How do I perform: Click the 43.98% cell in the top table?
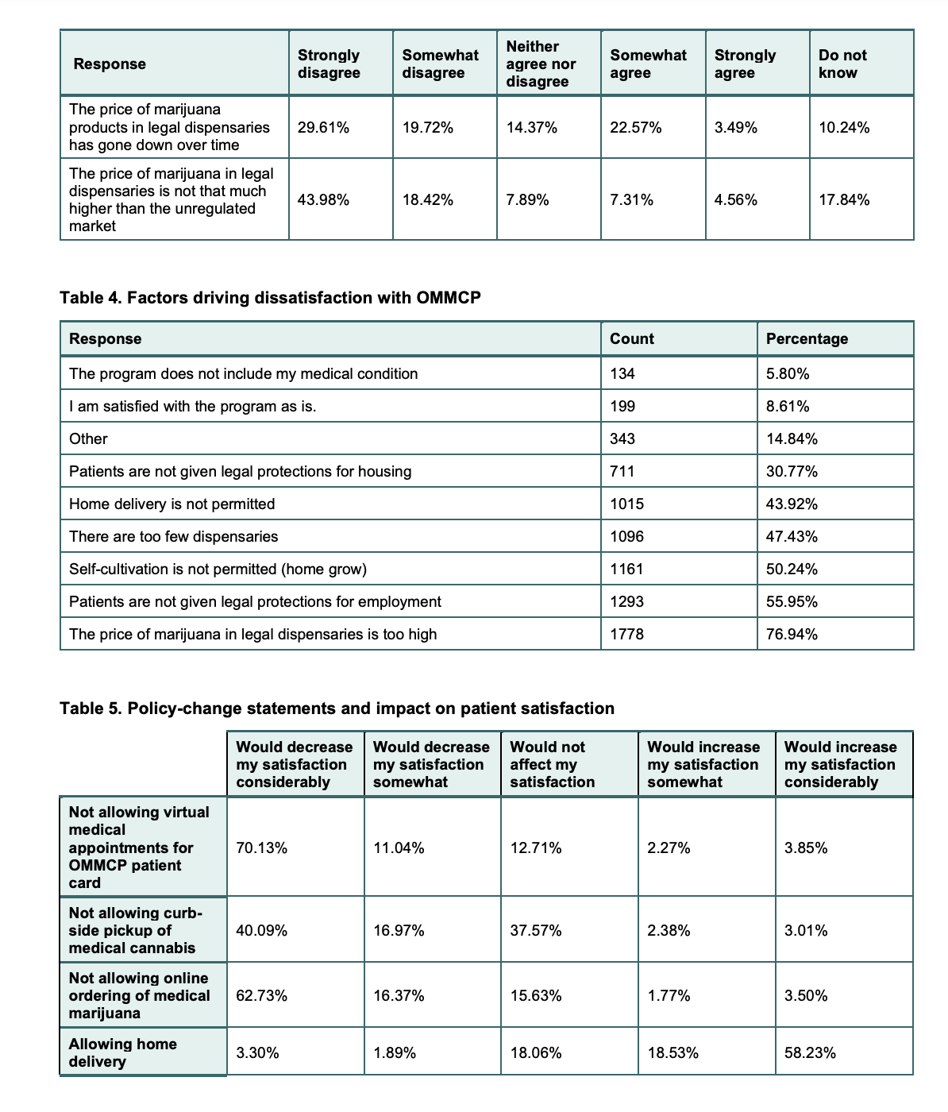(323, 200)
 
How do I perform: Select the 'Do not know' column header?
(842, 64)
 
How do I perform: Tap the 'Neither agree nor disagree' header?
(541, 64)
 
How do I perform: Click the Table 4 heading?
(270, 298)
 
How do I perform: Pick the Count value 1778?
(626, 634)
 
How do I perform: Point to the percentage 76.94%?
(792, 634)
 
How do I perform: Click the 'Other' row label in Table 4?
(88, 438)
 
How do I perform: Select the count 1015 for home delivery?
(626, 504)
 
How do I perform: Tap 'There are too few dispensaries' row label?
(173, 536)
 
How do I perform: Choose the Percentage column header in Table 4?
(807, 338)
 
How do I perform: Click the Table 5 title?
(337, 709)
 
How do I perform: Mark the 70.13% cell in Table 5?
(262, 848)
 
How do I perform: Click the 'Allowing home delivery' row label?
(122, 1053)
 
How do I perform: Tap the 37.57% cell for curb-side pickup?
(536, 930)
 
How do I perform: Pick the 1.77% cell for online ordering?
(669, 996)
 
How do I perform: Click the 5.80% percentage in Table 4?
(788, 373)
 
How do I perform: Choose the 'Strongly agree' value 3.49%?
(735, 128)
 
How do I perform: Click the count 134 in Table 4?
(622, 373)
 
